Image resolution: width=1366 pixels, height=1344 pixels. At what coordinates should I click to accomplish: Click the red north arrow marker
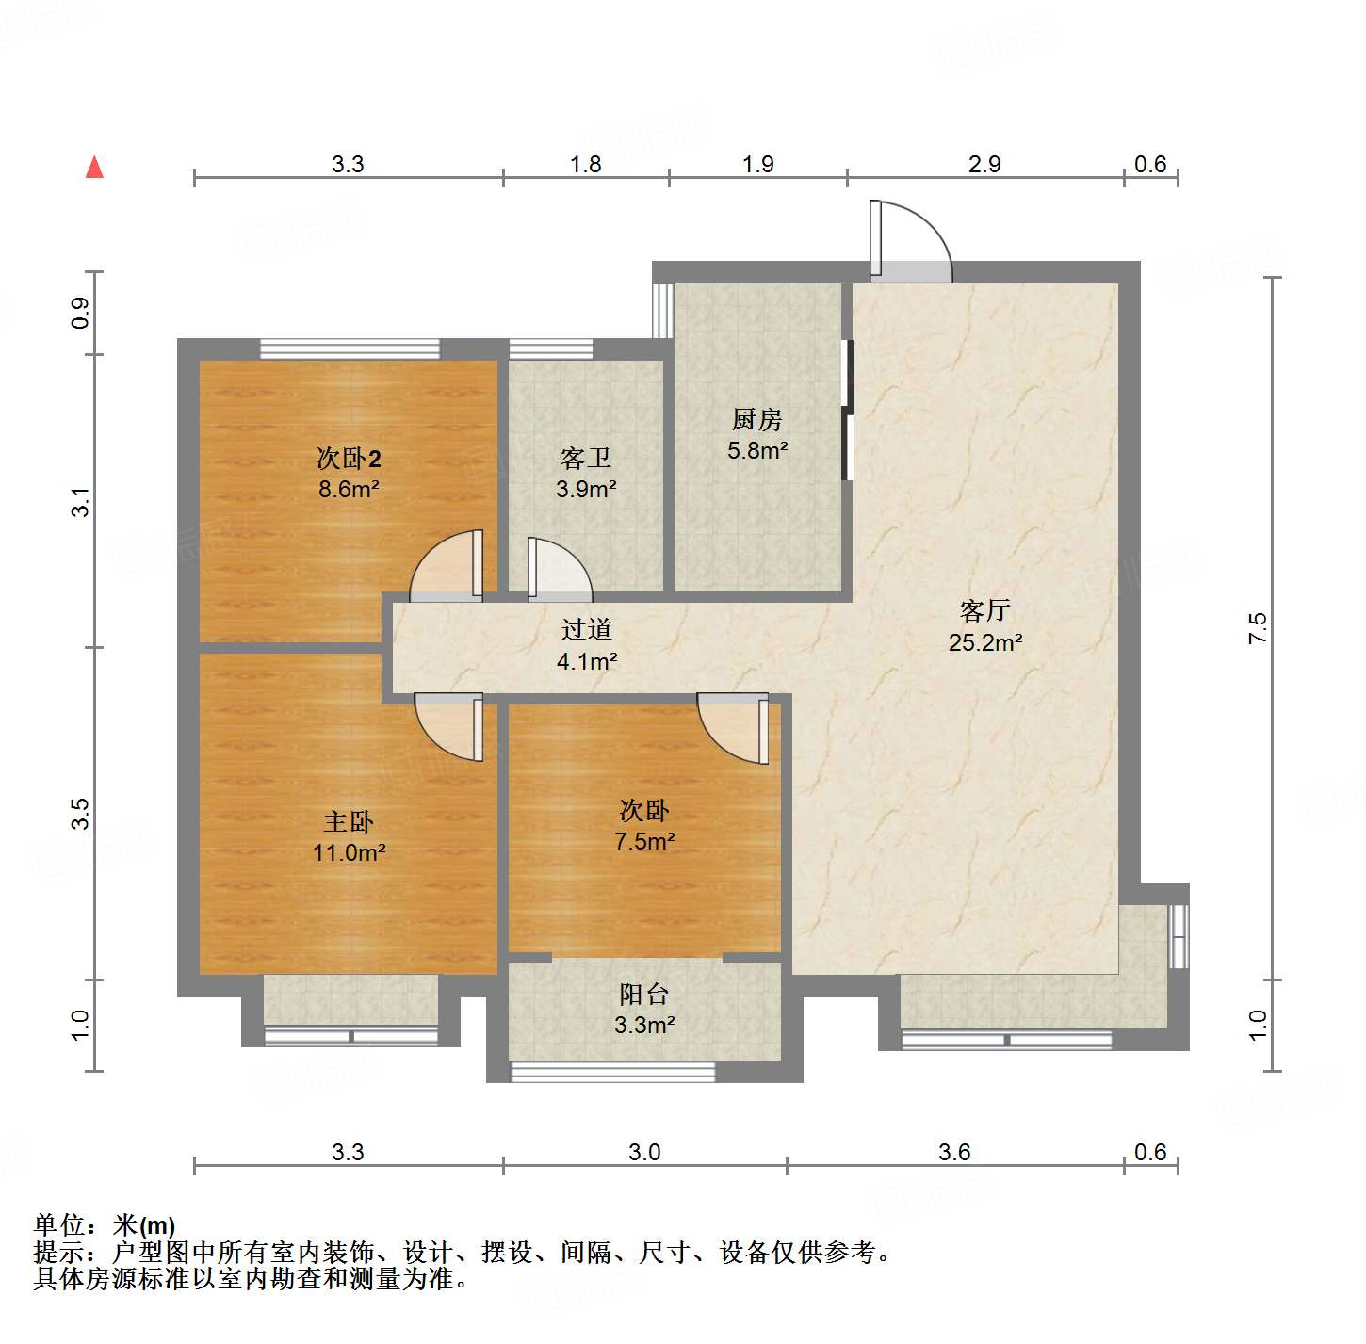point(94,167)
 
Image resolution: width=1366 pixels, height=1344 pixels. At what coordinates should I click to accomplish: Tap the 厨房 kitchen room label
point(757,419)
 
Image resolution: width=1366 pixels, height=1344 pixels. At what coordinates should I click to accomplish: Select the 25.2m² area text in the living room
point(985,642)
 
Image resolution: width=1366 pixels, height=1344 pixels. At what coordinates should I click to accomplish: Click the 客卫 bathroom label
point(585,459)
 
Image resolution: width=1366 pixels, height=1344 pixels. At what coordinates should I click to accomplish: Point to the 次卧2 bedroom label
point(349,459)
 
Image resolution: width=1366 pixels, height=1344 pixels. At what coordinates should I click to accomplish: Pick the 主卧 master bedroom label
point(349,822)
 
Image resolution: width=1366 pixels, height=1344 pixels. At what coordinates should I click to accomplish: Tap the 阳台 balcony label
point(644,995)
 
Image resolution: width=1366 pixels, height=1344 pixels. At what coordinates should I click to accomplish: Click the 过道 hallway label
point(586,629)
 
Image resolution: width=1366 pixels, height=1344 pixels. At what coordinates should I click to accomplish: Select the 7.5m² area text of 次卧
point(644,842)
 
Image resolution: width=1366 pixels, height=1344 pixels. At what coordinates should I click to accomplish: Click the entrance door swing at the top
point(909,243)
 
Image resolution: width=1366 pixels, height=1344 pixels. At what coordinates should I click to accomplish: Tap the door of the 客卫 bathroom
point(558,570)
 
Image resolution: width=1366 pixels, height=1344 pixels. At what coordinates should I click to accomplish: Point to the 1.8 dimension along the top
point(585,164)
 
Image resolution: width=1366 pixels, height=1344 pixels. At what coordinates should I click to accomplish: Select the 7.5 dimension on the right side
point(1258,628)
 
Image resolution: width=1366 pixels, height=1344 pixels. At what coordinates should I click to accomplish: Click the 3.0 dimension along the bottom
point(644,1152)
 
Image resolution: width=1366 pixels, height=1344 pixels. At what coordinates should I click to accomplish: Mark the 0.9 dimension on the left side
point(81,313)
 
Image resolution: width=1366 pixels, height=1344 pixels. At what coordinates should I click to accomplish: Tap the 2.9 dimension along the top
point(984,164)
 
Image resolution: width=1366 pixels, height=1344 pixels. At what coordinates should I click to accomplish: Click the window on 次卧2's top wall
point(350,348)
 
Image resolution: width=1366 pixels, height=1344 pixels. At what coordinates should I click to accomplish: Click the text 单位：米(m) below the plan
point(105,1224)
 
